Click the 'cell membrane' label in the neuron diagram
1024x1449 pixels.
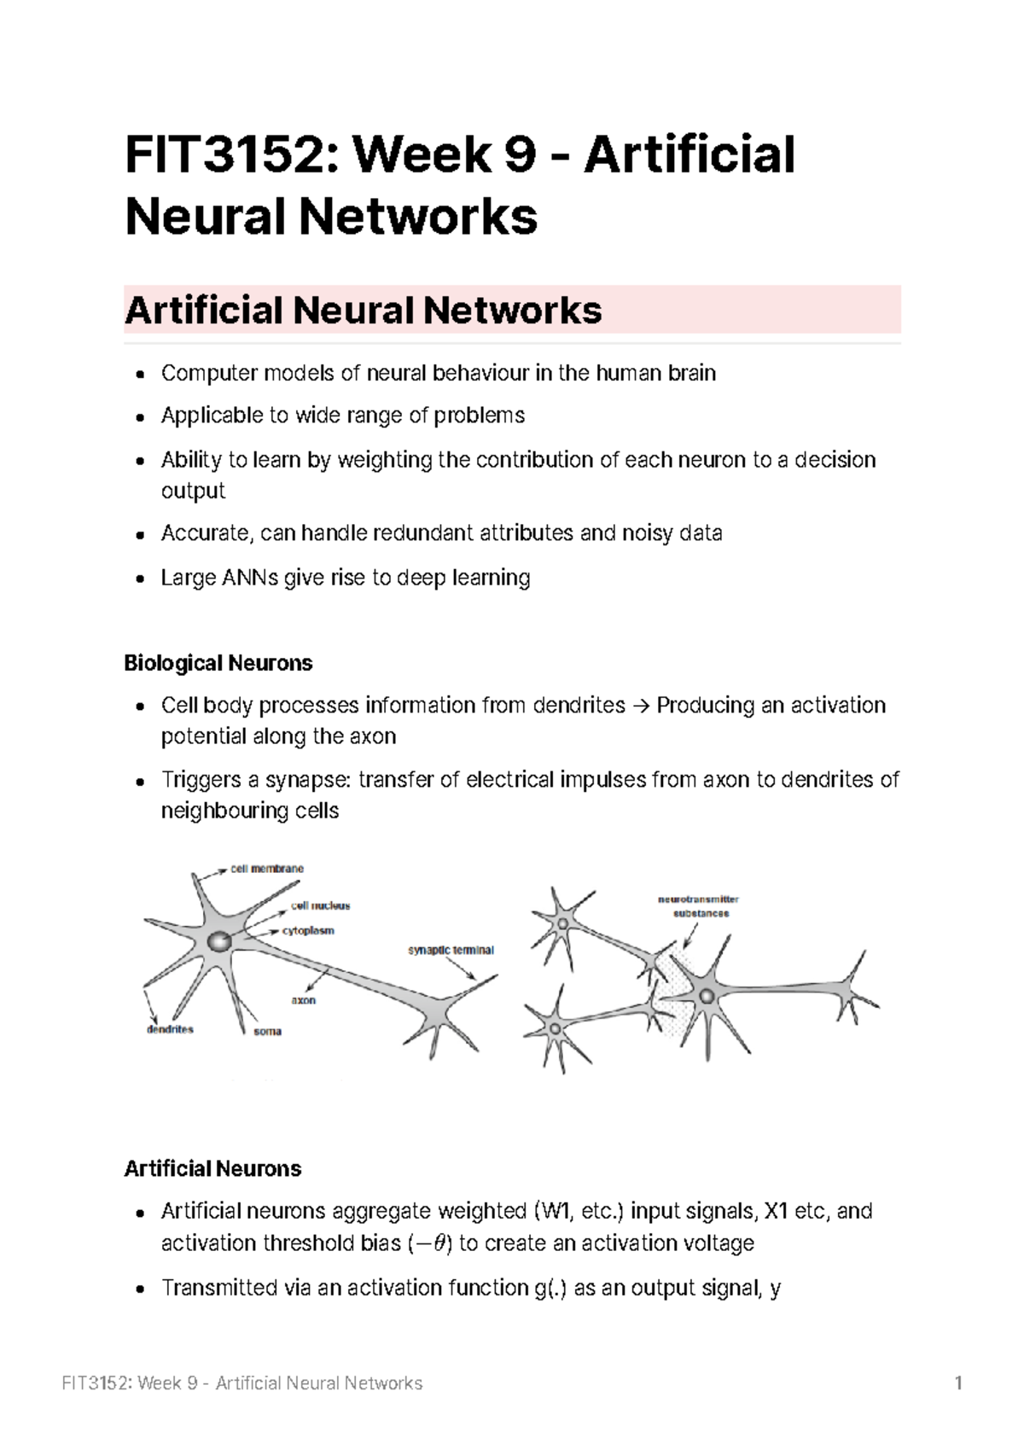266,869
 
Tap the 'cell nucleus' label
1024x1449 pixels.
320,905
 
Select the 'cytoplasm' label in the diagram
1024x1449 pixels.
308,931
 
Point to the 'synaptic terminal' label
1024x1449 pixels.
451,950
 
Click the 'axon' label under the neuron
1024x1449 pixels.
303,1000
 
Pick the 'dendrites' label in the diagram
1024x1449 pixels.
170,1029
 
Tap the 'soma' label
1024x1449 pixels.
267,1032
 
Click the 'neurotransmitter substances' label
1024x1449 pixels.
698,905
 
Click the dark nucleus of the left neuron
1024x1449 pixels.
219,941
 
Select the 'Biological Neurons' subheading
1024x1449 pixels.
218,663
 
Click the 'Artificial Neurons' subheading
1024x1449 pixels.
212,1168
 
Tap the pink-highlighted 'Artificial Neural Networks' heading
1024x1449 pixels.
364,311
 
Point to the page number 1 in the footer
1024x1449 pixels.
959,1383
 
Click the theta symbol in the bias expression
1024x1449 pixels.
439,1243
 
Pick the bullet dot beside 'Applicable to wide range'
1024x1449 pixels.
141,416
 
